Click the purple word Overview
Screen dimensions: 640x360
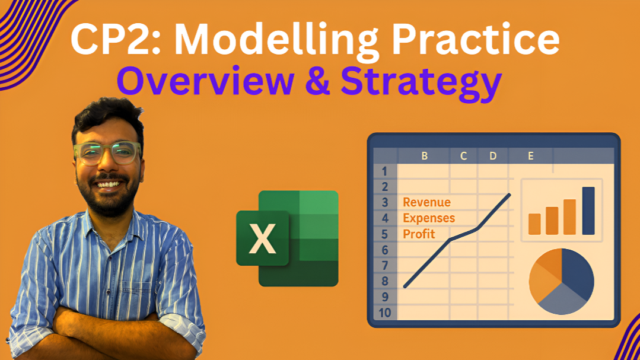pos(206,81)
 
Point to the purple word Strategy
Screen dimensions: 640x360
pos(421,83)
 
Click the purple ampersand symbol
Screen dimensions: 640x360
pos(317,81)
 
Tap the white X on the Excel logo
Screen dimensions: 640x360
pos(262,238)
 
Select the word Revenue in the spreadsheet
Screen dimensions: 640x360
pos(426,202)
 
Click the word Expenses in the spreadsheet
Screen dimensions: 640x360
pos(429,218)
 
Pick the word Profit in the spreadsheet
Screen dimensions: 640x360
pos(419,234)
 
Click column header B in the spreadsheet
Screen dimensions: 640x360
pos(425,156)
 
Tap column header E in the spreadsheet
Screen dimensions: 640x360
pos(531,156)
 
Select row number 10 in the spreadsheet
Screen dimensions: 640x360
pos(385,313)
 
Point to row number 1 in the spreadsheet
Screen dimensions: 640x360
pos(384,171)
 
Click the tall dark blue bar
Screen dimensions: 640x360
pos(588,211)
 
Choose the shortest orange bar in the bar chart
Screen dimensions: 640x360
pos(534,224)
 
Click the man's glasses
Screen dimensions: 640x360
pos(107,152)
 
